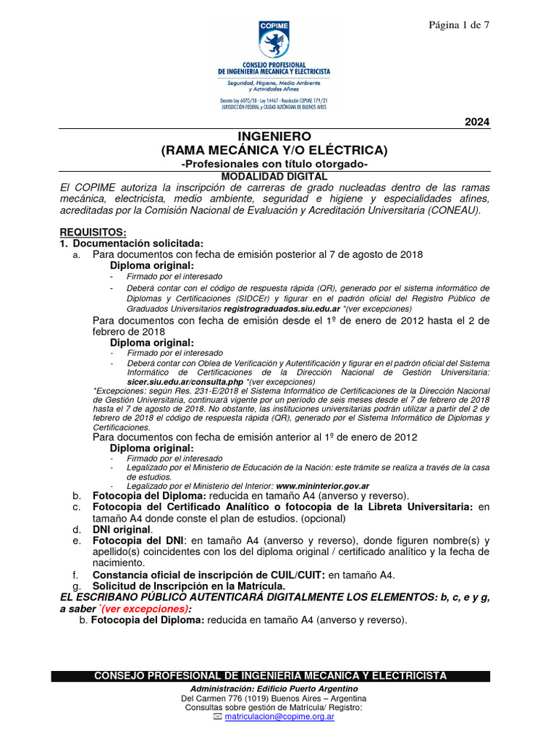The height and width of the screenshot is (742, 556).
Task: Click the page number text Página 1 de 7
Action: coord(459,25)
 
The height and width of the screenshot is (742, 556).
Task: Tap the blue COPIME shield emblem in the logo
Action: coord(274,41)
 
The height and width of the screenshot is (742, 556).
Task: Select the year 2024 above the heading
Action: coord(476,122)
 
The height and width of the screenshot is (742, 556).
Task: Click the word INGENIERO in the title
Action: coord(274,136)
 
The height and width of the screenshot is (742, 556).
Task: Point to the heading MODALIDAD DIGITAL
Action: coord(274,176)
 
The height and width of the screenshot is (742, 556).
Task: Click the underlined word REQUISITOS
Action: coord(93,232)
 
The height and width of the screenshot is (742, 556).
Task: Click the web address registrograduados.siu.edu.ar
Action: coord(282,308)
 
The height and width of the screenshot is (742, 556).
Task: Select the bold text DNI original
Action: coord(122,529)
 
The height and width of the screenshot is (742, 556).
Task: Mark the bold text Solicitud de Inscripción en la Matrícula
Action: coord(188,585)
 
